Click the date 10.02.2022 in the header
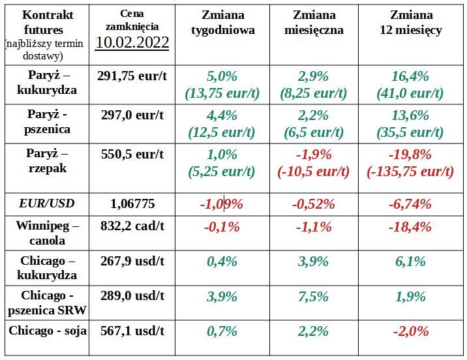(132, 42)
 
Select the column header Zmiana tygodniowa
(222, 22)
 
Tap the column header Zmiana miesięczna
(314, 22)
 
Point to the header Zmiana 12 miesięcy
(410, 22)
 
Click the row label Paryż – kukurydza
(47, 83)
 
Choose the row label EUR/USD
(46, 203)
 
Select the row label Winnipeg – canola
(47, 233)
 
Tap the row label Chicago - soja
(47, 331)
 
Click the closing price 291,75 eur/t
(132, 76)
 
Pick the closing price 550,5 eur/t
(132, 155)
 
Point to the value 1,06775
(132, 203)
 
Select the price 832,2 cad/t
(132, 227)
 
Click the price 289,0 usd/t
(132, 295)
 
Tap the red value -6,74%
(410, 203)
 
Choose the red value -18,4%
(410, 227)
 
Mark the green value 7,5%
(314, 295)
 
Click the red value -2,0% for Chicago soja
(410, 331)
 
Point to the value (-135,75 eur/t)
(410, 172)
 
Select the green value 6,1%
(410, 261)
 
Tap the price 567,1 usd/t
(132, 331)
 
